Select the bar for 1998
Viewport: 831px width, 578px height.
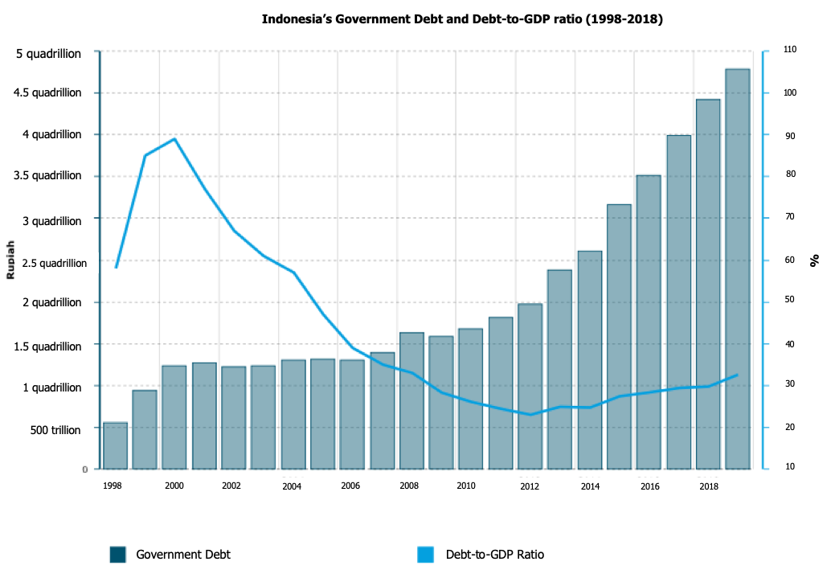tap(115, 445)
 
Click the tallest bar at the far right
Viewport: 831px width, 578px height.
tap(738, 269)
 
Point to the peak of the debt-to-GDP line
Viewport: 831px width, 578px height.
tap(174, 139)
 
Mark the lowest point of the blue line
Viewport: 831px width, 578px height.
tap(530, 415)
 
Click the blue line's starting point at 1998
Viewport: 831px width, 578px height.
tap(116, 267)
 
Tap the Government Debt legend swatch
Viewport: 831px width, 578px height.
tap(118, 555)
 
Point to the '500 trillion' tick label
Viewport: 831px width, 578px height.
tap(55, 430)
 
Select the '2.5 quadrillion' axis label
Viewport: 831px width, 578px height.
tap(52, 263)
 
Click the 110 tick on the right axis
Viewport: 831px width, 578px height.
tap(789, 50)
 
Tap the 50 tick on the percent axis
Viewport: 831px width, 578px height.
tap(790, 299)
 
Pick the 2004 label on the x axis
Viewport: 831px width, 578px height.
tap(292, 486)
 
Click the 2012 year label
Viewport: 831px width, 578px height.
tap(530, 486)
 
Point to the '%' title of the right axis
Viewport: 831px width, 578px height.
tap(814, 260)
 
